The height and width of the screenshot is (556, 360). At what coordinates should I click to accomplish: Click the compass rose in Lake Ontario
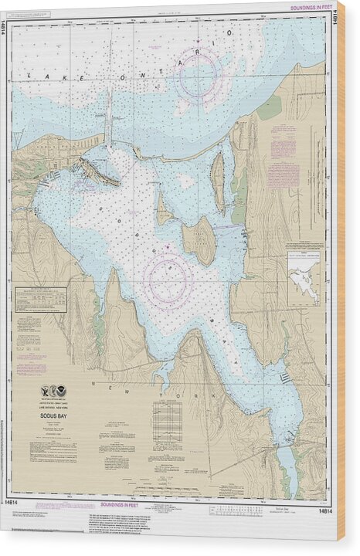coord(199,76)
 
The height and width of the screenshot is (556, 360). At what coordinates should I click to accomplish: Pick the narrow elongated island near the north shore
coord(218,181)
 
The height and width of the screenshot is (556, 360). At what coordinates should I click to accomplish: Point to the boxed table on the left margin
coord(40,299)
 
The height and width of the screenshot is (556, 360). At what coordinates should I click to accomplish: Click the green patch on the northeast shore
coord(269,107)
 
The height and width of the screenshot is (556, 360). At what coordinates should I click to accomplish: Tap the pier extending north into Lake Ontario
coord(110,124)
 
